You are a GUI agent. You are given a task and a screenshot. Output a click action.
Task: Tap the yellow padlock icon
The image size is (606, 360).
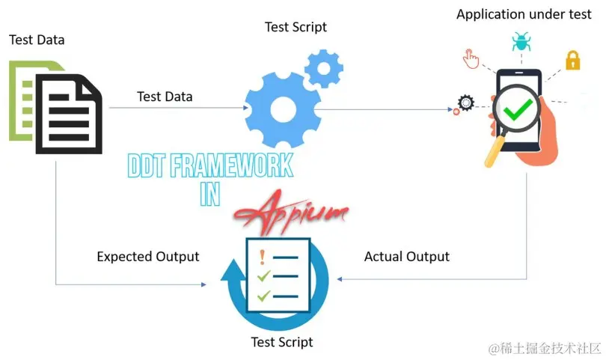click(x=572, y=59)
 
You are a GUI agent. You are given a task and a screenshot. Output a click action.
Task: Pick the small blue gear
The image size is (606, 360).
click(x=324, y=70)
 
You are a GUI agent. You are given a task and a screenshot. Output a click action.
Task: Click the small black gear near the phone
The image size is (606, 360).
click(x=466, y=103)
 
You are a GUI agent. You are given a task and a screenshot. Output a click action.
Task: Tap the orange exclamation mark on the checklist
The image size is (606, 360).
click(x=262, y=257)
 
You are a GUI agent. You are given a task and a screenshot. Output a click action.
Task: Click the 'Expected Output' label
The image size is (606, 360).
click(x=148, y=257)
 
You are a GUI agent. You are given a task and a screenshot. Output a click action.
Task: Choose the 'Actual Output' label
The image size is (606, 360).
click(x=406, y=257)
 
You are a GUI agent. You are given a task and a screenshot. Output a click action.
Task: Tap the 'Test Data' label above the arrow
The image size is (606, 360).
click(x=165, y=97)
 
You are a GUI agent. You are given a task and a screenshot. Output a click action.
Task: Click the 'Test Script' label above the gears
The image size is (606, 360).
click(x=296, y=28)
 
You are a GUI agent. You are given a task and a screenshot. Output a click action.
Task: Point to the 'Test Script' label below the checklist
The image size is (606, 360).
click(x=282, y=342)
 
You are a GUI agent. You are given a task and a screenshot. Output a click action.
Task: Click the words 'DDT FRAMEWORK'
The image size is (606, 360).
click(x=210, y=165)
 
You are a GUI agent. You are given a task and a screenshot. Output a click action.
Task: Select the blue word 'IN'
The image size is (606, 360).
click(x=210, y=194)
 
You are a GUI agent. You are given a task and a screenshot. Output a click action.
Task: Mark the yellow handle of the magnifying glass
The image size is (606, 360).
click(x=494, y=153)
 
